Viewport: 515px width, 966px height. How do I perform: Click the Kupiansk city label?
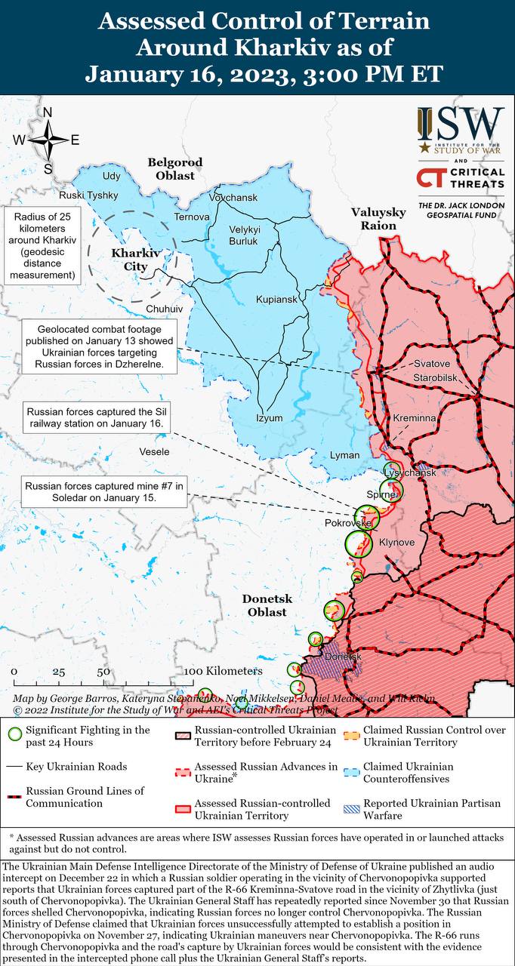pos(276,300)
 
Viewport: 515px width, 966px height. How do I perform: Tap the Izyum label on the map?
pos(269,418)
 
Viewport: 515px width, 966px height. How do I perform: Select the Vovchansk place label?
pos(233,198)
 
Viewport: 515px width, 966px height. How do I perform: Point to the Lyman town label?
pos(344,455)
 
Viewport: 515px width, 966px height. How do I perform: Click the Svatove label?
pos(431,364)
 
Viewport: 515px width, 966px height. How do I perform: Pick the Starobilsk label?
pos(436,377)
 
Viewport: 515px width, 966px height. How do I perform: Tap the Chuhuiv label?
pos(164,309)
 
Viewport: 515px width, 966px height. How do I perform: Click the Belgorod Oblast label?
pos(175,169)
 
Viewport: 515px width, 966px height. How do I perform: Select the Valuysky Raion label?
pos(378,219)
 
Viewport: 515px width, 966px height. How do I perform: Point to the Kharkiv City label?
pos(136,259)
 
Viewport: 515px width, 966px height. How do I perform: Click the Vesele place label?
pos(154,451)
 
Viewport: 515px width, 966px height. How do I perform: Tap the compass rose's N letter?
pos(47,113)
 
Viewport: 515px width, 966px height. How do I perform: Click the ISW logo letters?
pos(461,123)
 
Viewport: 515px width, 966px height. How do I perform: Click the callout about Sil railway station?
pos(94,419)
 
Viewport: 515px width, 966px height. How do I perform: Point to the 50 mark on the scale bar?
pos(103,672)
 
